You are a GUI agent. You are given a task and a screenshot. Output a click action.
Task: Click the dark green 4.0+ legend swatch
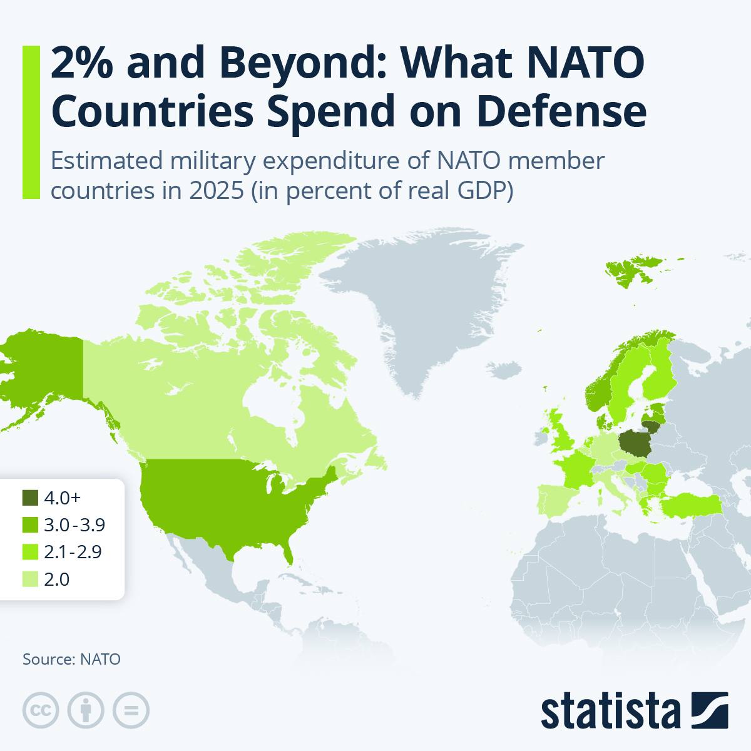(30, 498)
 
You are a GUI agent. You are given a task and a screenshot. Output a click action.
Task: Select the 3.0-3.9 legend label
(74, 525)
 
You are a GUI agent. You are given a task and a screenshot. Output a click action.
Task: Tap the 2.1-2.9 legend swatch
(30, 552)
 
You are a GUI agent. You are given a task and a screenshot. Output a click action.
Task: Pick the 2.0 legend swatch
(30, 579)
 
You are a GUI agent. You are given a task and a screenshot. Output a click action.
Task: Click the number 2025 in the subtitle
(217, 191)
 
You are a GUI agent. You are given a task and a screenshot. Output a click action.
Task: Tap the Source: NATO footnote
(72, 659)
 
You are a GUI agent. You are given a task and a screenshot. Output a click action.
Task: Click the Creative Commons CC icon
(41, 710)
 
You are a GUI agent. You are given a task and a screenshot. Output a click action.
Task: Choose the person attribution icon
(86, 710)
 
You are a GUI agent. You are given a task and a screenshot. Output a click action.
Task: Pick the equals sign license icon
(131, 710)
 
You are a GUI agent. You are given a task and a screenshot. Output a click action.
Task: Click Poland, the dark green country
(635, 444)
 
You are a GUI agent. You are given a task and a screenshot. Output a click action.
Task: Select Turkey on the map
(690, 506)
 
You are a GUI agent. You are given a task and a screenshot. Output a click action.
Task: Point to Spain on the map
(554, 500)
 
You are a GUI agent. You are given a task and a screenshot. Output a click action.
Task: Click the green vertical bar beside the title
(31, 123)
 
